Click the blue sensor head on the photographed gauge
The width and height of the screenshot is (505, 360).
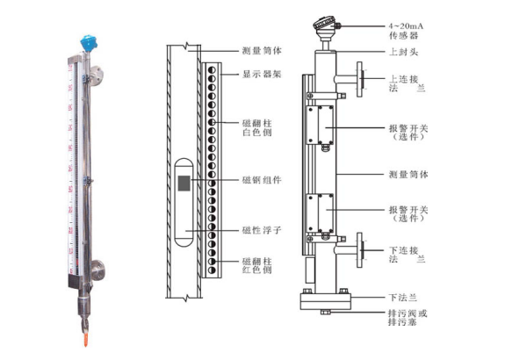click(89, 44)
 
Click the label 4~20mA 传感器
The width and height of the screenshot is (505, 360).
click(406, 31)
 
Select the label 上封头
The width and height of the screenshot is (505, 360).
click(403, 52)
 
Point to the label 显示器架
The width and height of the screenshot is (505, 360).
click(262, 75)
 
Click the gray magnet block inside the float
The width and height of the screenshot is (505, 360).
click(184, 184)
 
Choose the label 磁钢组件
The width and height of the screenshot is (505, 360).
click(262, 180)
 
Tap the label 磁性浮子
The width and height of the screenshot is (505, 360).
click(262, 230)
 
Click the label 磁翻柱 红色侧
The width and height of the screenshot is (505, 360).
click(257, 265)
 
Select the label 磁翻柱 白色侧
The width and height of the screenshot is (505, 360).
click(257, 128)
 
